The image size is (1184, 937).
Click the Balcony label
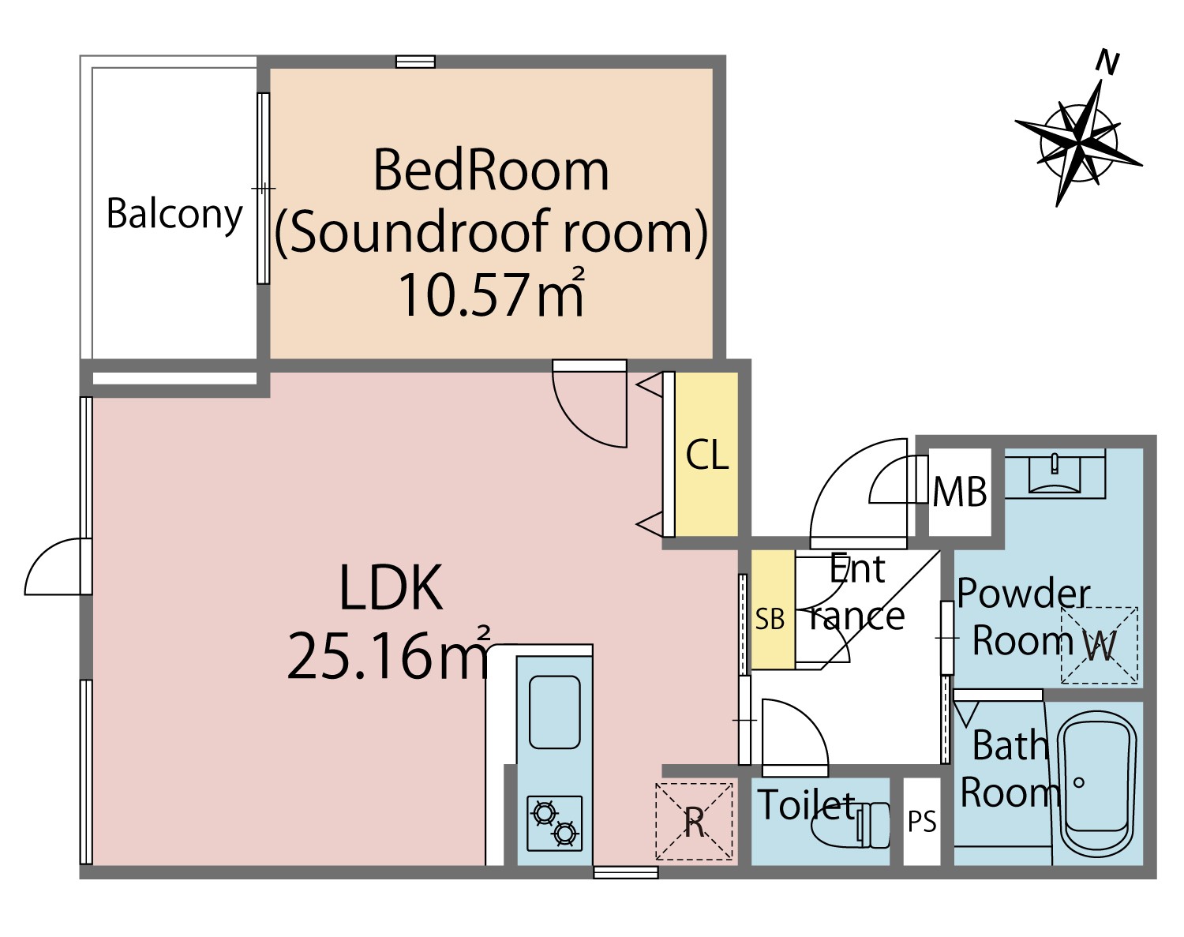[x=174, y=215]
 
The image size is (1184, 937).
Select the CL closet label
[x=707, y=455]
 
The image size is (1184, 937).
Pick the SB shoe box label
[x=770, y=620]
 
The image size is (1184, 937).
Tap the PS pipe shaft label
[x=922, y=822]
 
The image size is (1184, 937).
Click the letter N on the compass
[x=1107, y=62]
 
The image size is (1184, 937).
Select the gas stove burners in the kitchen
[x=555, y=823]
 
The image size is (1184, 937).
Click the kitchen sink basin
[x=555, y=712]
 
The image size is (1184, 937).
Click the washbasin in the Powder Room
[x=1055, y=474]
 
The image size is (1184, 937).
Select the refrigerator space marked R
[x=695, y=821]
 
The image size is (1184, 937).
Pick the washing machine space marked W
[x=1100, y=645]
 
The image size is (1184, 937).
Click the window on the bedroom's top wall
[x=416, y=62]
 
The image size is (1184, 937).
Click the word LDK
[x=392, y=587]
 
